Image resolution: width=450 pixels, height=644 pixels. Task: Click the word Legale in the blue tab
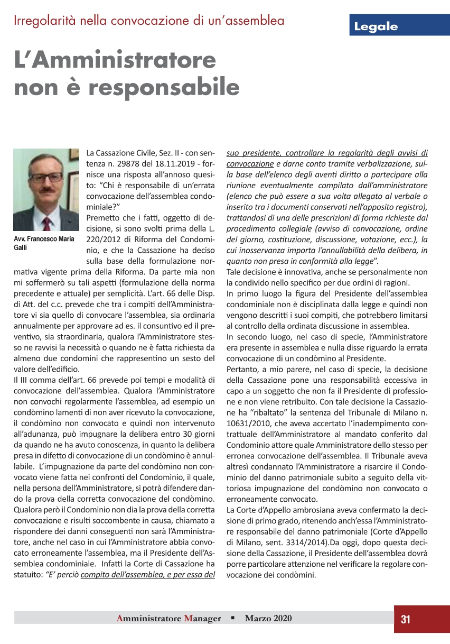coord(376,27)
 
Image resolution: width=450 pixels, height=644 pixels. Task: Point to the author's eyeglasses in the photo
coord(46,177)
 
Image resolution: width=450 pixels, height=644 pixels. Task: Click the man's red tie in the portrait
coord(47,222)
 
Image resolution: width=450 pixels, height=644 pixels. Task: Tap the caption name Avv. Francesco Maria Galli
coord(43,243)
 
